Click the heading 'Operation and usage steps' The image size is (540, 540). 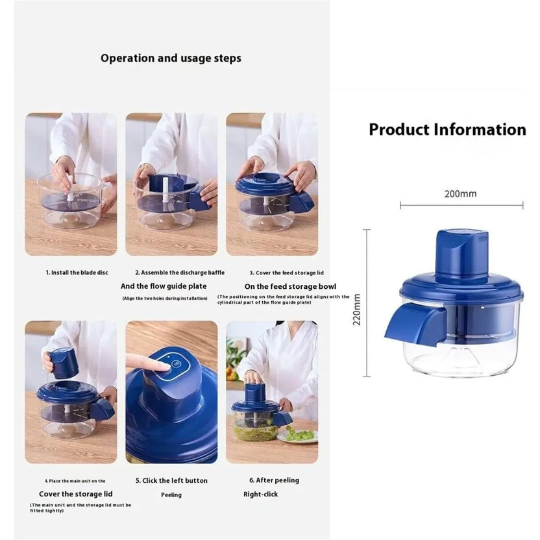(171, 58)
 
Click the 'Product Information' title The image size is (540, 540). (447, 129)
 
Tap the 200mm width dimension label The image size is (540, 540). (461, 193)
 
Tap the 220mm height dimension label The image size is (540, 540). (357, 310)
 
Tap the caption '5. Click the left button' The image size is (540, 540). (171, 480)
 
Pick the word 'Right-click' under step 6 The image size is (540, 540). (262, 494)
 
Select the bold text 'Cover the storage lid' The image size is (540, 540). (72, 494)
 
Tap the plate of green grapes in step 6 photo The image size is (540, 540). (299, 435)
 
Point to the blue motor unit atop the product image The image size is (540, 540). (461, 256)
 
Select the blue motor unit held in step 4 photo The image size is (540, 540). (63, 362)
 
